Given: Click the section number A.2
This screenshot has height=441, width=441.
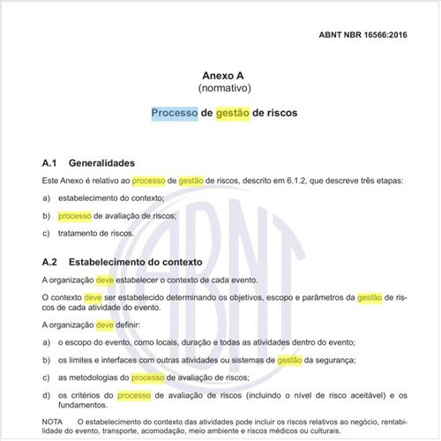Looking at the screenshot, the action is (x=50, y=262).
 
